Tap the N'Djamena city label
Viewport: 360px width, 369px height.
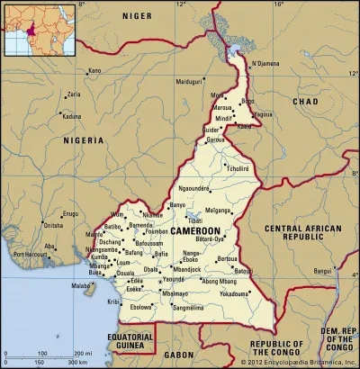[x=266, y=63]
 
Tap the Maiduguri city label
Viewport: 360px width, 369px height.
[x=189, y=82]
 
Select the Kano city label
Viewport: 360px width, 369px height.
[x=94, y=70]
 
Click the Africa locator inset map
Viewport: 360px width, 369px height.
[x=26, y=30]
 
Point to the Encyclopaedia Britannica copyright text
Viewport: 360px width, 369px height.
[x=296, y=363]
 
